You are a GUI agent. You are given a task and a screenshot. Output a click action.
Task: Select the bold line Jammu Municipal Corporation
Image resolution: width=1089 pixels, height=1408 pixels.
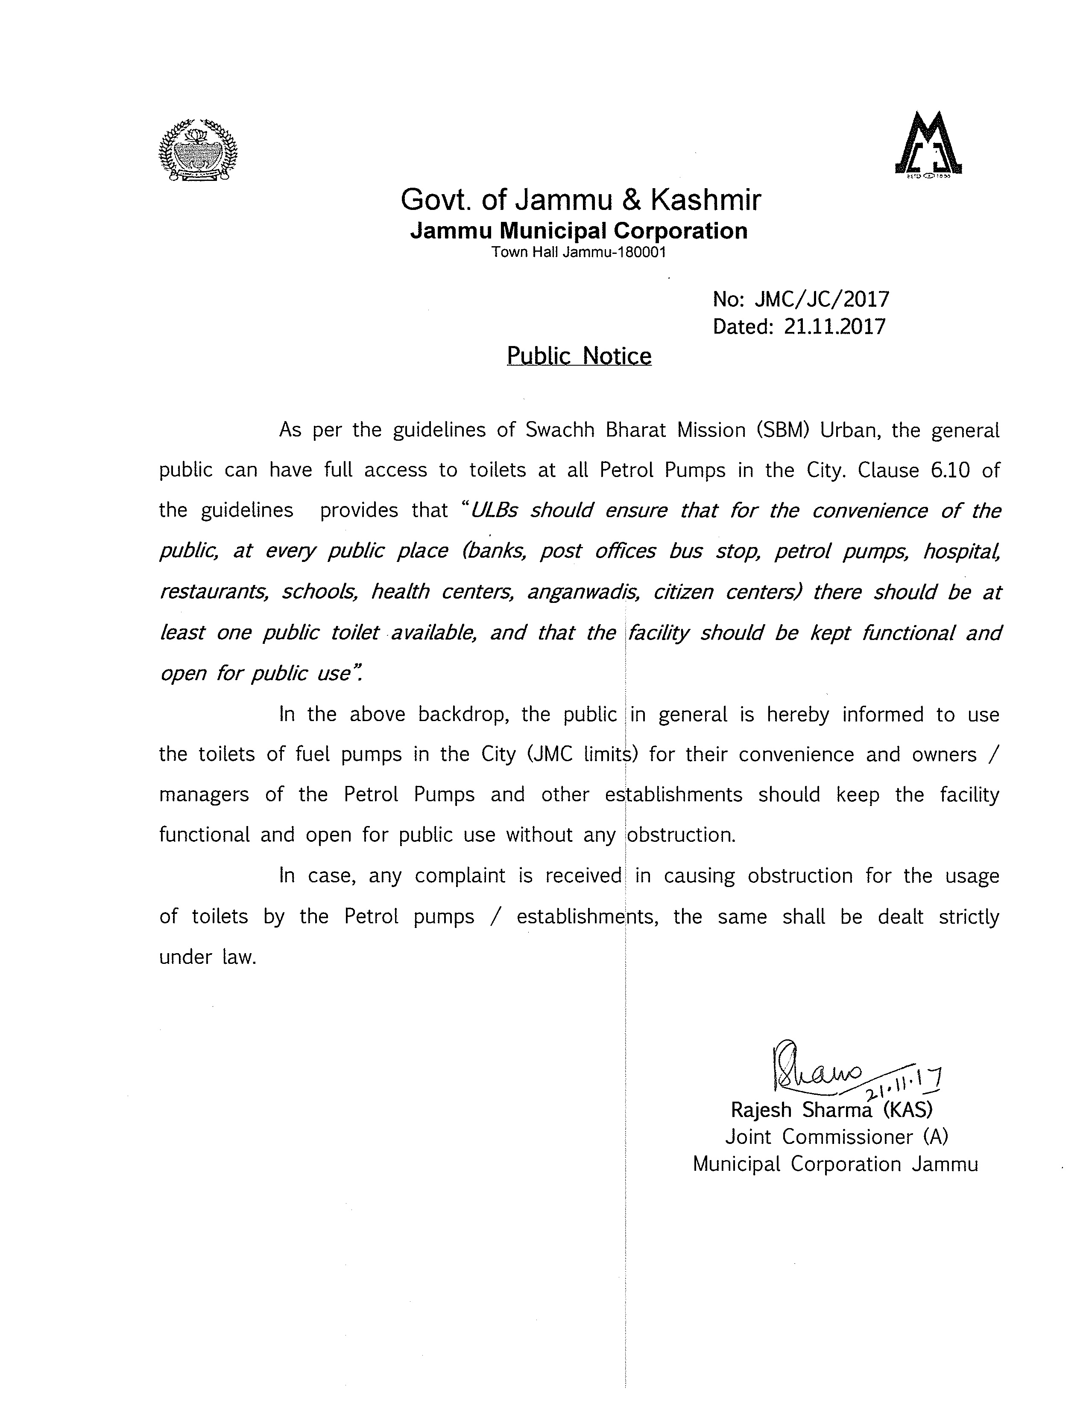click(x=579, y=231)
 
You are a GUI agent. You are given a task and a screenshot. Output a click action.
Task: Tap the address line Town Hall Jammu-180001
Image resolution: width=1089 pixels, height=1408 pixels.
click(x=579, y=252)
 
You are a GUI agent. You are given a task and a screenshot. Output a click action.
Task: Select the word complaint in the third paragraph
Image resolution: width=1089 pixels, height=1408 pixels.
click(x=460, y=876)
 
